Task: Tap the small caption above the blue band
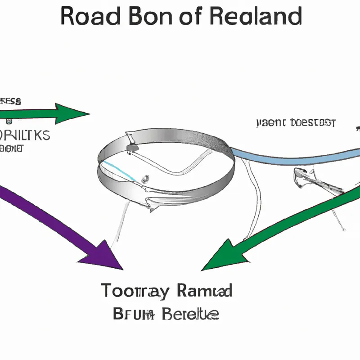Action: point(296,122)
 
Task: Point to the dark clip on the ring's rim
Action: point(133,147)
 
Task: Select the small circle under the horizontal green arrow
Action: point(9,121)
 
